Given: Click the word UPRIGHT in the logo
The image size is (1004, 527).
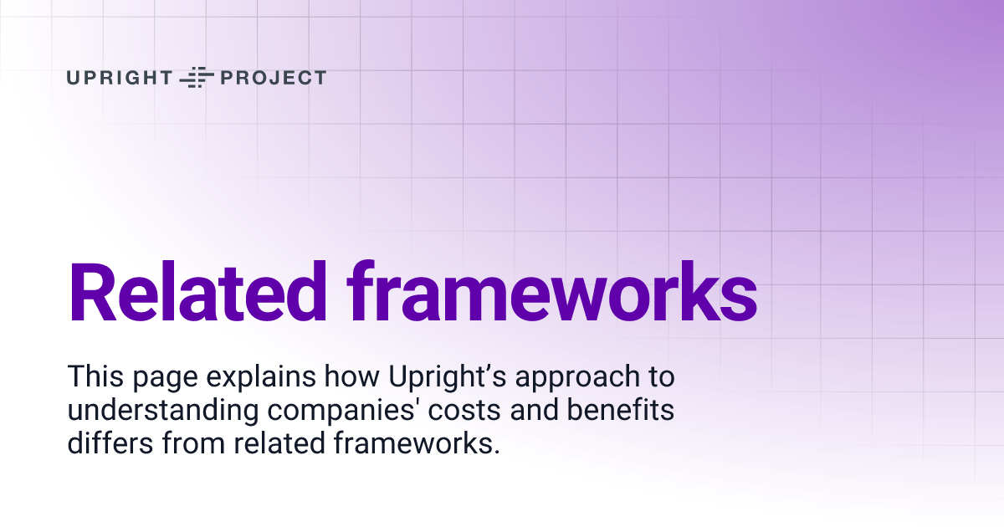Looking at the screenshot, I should (119, 78).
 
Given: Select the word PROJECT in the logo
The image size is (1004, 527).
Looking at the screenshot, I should (272, 78).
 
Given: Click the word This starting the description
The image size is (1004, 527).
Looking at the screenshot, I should (94, 377).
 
